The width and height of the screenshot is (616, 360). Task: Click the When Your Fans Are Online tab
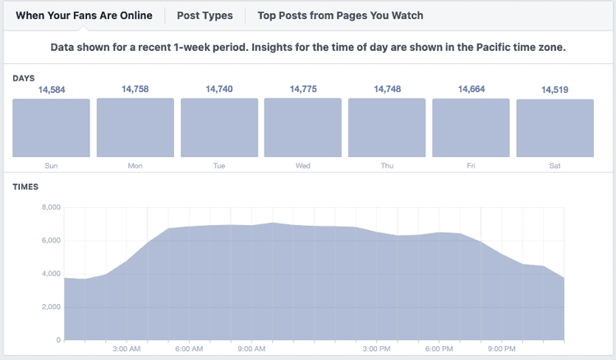coord(84,15)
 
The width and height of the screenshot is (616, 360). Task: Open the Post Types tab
coord(205,15)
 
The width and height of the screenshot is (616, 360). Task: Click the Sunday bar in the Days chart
coord(51,128)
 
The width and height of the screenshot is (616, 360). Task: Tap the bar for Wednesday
coord(303,127)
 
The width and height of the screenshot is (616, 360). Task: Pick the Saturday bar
coord(555,128)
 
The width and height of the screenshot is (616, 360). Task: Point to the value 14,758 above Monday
coord(136,89)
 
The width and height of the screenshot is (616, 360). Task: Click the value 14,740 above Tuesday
coord(219,89)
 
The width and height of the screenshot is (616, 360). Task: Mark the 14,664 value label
coord(471,89)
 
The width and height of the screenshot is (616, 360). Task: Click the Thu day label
coord(387,165)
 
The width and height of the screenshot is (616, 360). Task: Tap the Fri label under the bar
coord(471,165)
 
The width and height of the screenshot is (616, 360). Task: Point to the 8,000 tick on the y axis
coord(50,207)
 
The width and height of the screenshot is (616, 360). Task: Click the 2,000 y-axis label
coord(50,307)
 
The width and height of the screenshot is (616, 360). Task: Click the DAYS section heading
coord(23,77)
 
